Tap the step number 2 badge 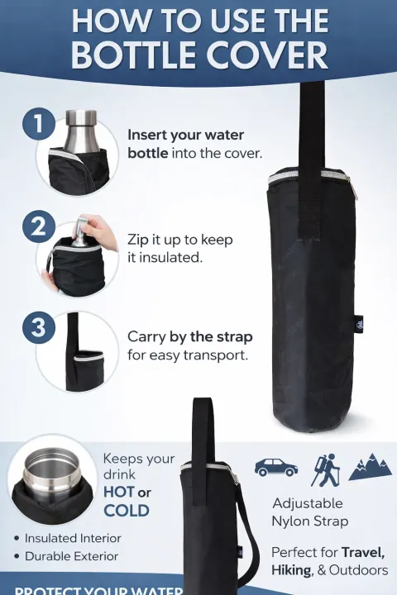tap(39, 225)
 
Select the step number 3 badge tap(39, 326)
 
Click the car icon tap(275, 467)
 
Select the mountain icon tap(370, 467)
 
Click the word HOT tap(119, 493)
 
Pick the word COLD tap(127, 511)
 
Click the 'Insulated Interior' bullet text tap(73, 538)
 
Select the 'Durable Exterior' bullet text tap(71, 556)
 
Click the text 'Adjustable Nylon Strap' tap(309, 512)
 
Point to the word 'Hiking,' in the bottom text tap(293, 571)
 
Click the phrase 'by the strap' tap(212, 337)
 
